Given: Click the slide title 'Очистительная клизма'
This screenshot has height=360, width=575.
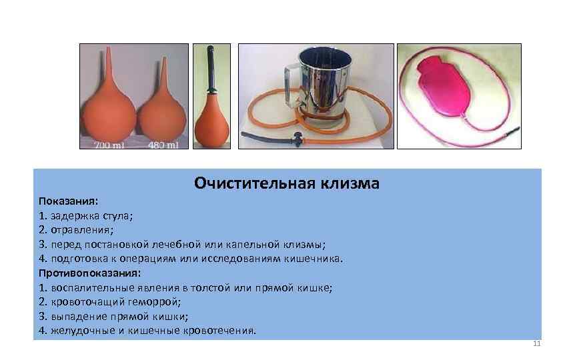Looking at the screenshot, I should pos(287,183).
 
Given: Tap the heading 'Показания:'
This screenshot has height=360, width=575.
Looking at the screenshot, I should pos(68,201).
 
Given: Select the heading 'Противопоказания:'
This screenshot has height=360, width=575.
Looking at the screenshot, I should pos(89,273).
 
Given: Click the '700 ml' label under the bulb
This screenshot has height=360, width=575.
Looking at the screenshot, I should pos(107,143).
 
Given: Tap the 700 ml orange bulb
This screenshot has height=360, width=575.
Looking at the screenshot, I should pos(107,110).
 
